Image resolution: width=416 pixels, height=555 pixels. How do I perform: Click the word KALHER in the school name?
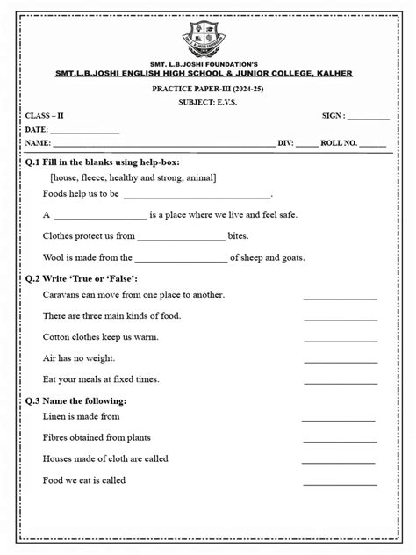pos(330,73)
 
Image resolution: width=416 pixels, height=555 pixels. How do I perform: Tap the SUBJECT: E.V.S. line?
pos(208,104)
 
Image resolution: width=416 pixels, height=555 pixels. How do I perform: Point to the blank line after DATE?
pos(85,131)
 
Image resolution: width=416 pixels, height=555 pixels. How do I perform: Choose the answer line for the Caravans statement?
pos(340,299)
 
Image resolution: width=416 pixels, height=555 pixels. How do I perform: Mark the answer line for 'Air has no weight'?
pos(340,361)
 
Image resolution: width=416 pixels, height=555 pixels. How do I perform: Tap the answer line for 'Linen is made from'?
pos(338,420)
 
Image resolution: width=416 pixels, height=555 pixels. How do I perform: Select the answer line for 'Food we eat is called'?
pos(338,484)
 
